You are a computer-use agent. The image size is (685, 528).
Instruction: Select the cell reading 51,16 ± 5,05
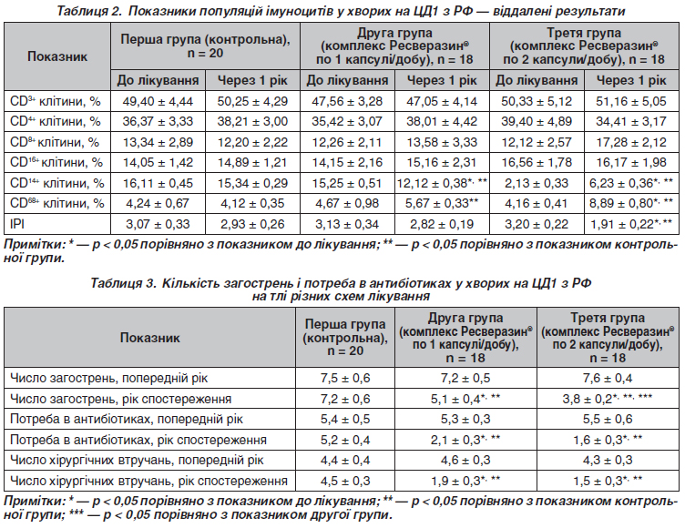[632, 99]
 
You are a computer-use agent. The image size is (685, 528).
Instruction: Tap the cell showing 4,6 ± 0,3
[465, 461]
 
